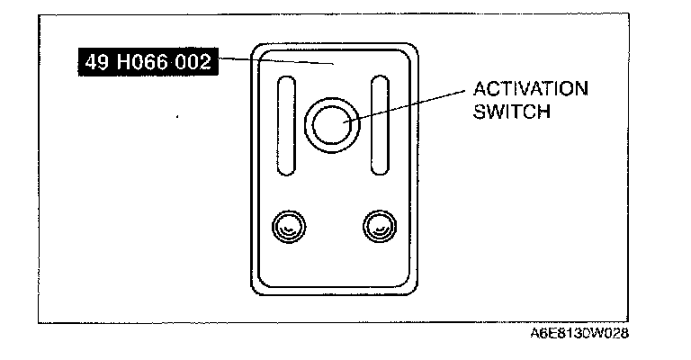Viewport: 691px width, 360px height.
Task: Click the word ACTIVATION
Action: (x=530, y=90)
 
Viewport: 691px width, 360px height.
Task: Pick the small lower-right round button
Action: (x=377, y=226)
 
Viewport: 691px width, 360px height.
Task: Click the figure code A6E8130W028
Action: (x=579, y=333)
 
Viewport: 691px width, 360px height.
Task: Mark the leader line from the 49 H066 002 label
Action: (x=279, y=61)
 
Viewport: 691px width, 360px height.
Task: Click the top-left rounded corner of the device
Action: (x=259, y=50)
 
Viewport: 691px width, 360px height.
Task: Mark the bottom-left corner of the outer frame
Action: (x=39, y=321)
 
